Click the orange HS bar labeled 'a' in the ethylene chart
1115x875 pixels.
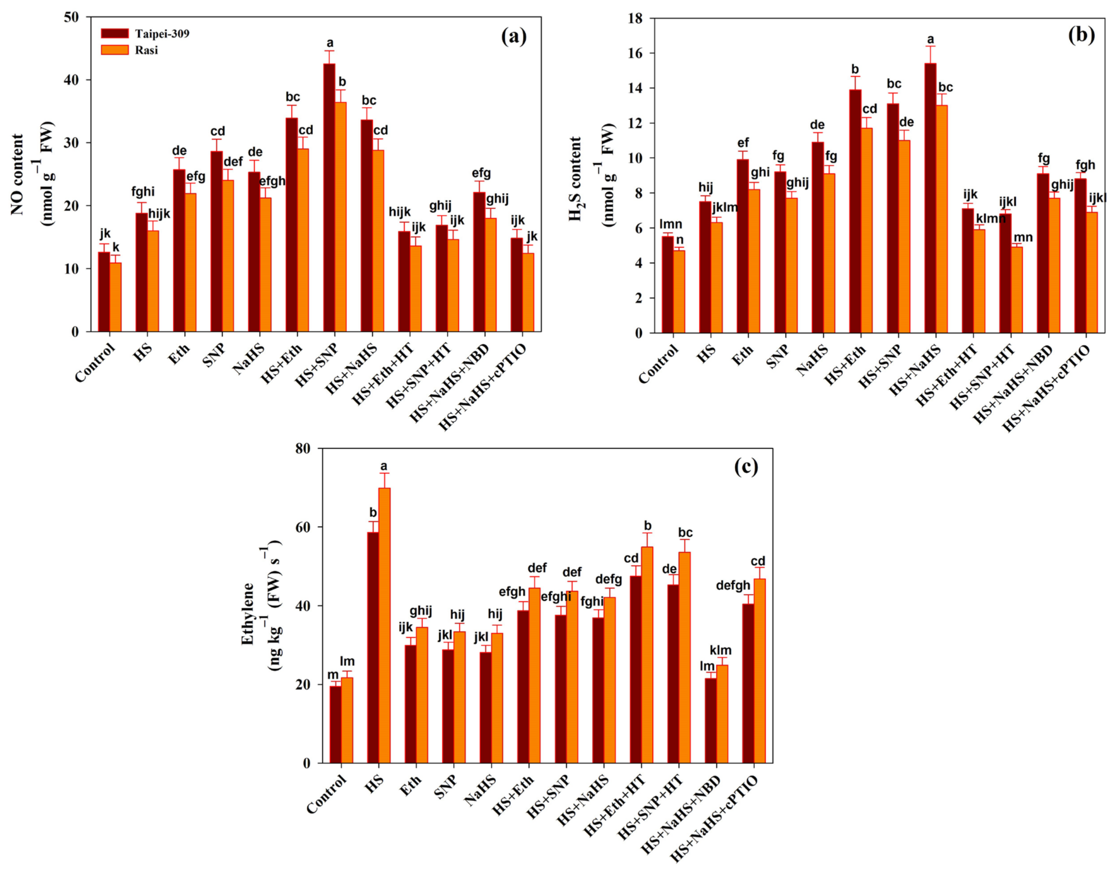tap(384, 625)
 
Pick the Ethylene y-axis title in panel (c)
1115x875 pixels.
tap(248, 613)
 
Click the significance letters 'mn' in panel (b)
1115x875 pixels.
tap(1023, 237)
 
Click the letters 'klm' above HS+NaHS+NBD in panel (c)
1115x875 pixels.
tap(720, 650)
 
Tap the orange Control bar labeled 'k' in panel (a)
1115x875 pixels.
tap(116, 297)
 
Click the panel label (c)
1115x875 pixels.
tap(746, 467)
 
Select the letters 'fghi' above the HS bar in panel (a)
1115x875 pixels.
tap(143, 192)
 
